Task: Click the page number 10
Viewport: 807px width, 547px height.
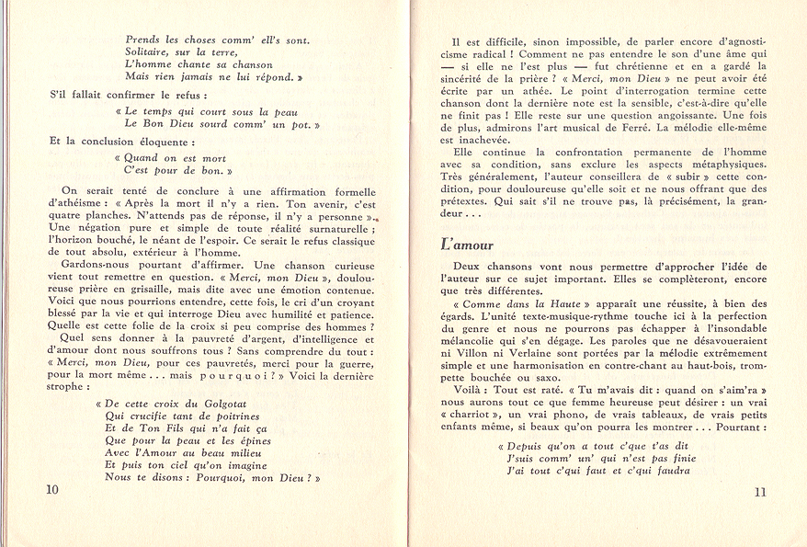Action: point(51,490)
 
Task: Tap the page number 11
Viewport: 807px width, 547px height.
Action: point(759,491)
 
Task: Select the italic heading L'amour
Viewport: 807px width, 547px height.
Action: point(467,245)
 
